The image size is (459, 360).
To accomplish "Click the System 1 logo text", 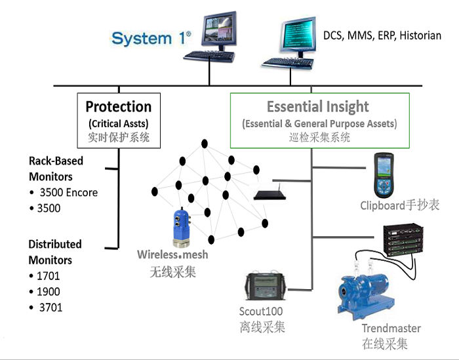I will (x=151, y=38).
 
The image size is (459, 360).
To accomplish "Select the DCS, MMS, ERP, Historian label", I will (x=382, y=35).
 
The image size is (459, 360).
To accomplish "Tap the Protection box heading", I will (x=119, y=107).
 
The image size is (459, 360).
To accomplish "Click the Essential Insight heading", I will (x=318, y=107).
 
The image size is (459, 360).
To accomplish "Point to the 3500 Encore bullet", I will (x=68, y=193).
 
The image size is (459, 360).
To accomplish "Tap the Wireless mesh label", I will (x=172, y=254).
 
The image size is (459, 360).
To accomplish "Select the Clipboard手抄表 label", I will (x=399, y=205).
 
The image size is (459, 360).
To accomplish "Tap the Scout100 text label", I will (x=261, y=311).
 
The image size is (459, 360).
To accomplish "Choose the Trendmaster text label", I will (x=391, y=328).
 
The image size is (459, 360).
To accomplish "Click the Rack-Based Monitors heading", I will (x=56, y=169).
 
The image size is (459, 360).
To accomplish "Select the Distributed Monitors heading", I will (x=54, y=252).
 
